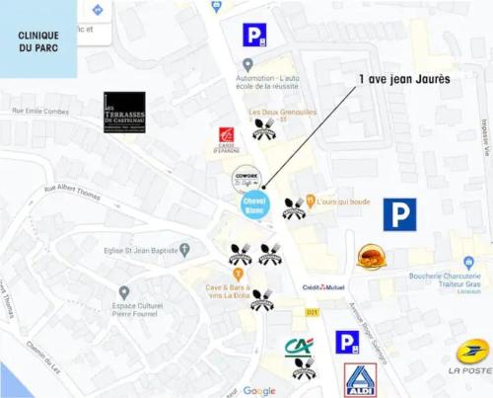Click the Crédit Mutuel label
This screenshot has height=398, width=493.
(322, 287)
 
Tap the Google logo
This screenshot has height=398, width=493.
(259, 391)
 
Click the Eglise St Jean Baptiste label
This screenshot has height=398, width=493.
(141, 251)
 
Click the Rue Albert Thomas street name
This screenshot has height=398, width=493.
(73, 190)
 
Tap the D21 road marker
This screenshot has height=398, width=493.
(313, 312)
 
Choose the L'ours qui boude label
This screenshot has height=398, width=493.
(343, 201)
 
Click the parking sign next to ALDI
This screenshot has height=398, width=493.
(346, 342)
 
